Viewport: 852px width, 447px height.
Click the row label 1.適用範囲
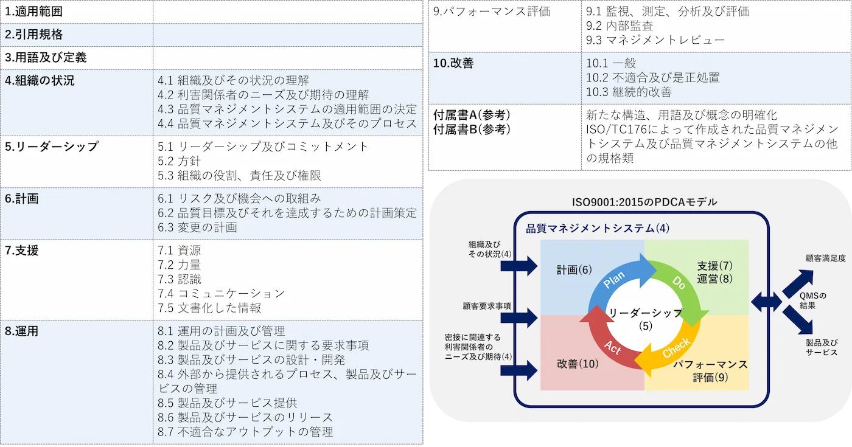(34, 11)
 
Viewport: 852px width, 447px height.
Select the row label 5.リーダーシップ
(52, 147)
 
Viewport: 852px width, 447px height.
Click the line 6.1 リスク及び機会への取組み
(239, 198)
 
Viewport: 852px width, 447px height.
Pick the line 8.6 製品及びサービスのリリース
(245, 417)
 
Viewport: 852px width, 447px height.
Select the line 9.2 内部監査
(620, 26)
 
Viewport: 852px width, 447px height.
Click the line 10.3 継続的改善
(629, 92)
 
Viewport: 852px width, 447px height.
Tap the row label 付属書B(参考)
(472, 129)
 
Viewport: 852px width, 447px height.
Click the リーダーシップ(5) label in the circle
(646, 319)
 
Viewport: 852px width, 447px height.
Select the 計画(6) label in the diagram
(574, 269)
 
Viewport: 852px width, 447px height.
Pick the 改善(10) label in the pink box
(578, 364)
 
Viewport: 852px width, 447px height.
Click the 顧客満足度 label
(825, 258)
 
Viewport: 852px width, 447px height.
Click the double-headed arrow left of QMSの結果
(767, 301)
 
